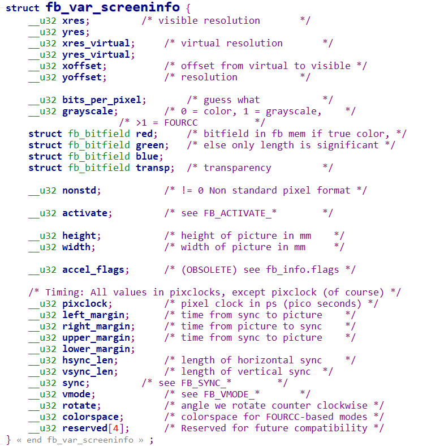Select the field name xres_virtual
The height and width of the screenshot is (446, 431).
[x=96, y=43]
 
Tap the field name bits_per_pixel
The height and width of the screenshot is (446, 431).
[x=101, y=100]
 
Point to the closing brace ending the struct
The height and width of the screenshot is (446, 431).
[x=8, y=439]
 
